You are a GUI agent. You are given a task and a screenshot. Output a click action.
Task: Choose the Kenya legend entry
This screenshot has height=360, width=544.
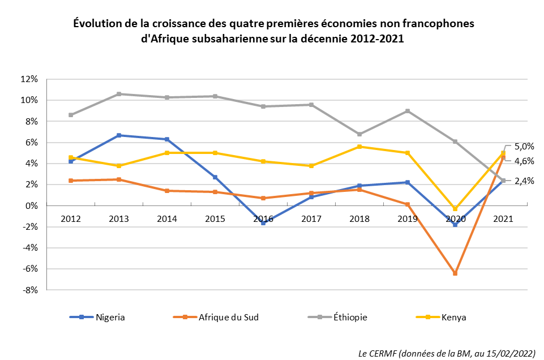point(453,318)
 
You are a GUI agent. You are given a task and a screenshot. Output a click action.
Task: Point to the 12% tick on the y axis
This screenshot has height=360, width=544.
point(29,79)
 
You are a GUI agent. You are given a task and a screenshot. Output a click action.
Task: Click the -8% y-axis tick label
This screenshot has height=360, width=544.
point(29,290)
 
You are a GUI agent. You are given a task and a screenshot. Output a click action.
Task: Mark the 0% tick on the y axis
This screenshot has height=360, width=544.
point(32,206)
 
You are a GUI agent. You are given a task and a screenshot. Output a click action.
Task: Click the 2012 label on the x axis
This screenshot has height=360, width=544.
point(71,218)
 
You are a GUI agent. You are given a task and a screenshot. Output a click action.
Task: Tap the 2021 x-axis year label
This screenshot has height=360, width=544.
point(503,218)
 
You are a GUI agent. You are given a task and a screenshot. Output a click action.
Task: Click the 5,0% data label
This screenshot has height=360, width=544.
point(524,146)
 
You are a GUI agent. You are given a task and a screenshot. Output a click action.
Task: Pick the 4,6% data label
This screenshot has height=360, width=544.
point(524,161)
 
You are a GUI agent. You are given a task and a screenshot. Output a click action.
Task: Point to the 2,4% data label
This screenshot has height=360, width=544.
point(524,181)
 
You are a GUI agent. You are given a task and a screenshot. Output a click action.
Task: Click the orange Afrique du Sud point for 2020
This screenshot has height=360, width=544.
point(455,273)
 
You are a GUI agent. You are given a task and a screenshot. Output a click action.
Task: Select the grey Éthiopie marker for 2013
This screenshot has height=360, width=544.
point(119,94)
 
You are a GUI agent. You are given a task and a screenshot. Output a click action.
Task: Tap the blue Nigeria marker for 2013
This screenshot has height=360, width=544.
point(119,135)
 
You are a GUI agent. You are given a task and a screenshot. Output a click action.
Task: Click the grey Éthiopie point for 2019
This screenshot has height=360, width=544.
point(408,111)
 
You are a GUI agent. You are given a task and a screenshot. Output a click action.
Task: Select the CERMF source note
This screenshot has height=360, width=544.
point(447,353)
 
